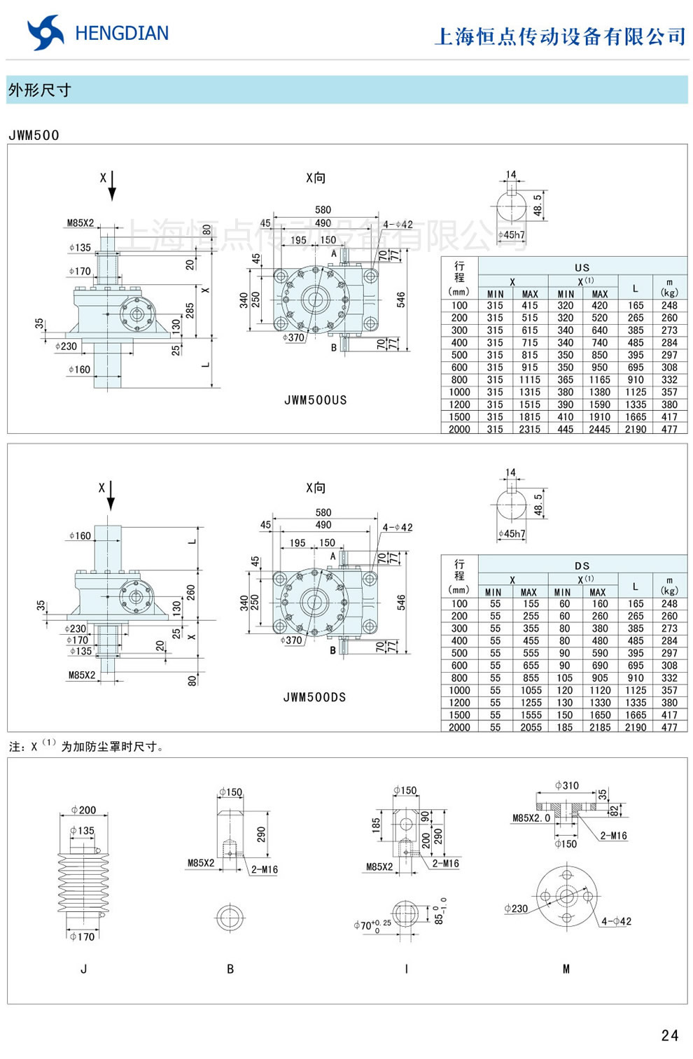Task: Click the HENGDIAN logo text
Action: coord(121,34)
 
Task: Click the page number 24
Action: coord(669,1035)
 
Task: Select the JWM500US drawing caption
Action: coord(315,400)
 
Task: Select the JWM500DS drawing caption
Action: coord(314,697)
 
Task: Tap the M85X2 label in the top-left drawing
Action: coord(80,223)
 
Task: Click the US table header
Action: coord(582,267)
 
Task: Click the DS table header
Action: coord(582,566)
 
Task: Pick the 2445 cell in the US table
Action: coord(599,429)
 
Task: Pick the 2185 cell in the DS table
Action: coord(599,727)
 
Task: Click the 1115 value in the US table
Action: coord(529,379)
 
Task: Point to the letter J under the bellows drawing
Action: coord(84,969)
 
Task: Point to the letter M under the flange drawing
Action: coord(566,969)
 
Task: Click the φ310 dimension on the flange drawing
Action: coord(566,785)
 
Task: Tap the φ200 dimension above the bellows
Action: coord(83,810)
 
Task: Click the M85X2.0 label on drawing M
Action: coord(531,818)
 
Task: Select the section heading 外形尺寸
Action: coord(39,90)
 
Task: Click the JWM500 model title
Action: coord(34,135)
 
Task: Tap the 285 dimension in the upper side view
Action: coord(190,310)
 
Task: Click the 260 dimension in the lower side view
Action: coord(190,592)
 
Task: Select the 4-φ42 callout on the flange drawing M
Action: coord(616,921)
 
